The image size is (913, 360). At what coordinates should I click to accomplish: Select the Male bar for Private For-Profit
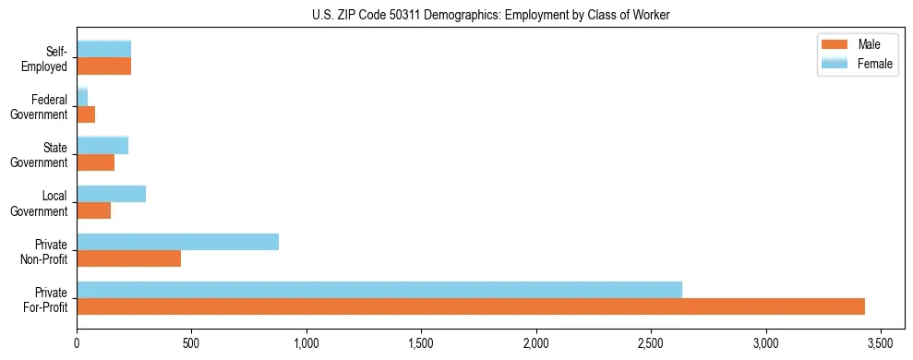(470, 306)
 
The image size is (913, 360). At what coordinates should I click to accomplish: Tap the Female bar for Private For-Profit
(378, 290)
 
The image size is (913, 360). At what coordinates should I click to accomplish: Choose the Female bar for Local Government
(111, 194)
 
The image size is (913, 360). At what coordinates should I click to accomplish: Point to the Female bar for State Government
(102, 145)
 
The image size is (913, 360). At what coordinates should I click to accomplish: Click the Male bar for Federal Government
(86, 114)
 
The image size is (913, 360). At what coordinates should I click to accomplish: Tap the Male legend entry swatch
(835, 45)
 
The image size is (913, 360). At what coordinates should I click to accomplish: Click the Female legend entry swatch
(835, 64)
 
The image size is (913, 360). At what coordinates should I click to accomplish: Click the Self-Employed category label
(48, 58)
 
